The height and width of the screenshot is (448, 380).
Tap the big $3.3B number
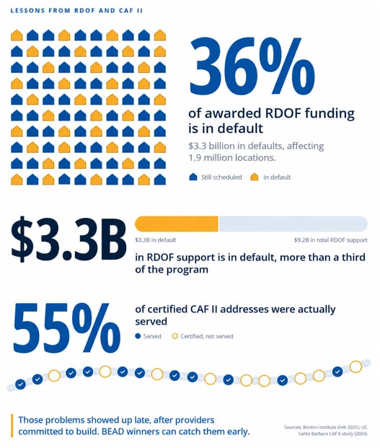(x=69, y=239)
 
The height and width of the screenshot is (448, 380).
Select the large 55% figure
(x=67, y=328)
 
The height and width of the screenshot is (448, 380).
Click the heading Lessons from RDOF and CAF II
(x=76, y=11)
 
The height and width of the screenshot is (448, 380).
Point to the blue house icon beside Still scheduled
(x=193, y=177)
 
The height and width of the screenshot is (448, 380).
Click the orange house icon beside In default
(x=255, y=177)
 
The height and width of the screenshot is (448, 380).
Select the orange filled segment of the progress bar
(x=177, y=224)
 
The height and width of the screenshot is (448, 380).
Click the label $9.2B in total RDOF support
(x=331, y=240)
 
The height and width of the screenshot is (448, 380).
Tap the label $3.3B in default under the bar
(x=156, y=240)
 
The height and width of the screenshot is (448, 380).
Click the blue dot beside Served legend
(x=138, y=336)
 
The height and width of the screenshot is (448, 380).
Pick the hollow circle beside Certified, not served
(x=175, y=336)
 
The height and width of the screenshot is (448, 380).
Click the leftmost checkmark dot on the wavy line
(x=20, y=385)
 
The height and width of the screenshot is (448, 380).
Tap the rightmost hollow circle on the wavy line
(x=355, y=367)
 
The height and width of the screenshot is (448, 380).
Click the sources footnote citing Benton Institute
(x=326, y=431)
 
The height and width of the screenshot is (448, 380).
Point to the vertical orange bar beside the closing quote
(x=12, y=426)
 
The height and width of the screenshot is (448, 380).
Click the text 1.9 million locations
(x=232, y=158)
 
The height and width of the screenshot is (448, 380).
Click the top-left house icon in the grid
(x=17, y=35)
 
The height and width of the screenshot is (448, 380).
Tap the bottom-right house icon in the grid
(x=160, y=180)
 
